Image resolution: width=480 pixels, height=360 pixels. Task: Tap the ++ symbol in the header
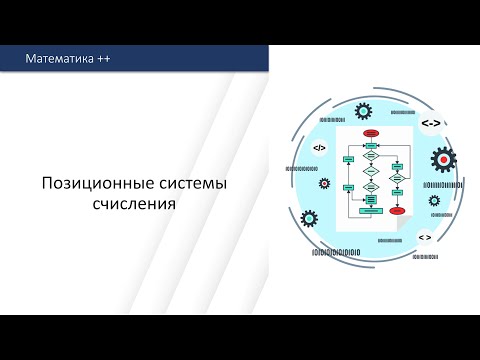104,60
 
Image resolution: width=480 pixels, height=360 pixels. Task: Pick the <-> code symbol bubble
430,123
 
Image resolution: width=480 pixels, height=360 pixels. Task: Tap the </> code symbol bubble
319,148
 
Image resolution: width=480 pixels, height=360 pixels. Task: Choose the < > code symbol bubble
424,238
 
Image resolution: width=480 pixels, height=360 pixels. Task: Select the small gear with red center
324,184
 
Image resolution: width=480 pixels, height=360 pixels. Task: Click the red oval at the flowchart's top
370,132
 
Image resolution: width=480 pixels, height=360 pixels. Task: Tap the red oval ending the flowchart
397,211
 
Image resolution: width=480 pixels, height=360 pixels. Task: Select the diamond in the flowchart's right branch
397,178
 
